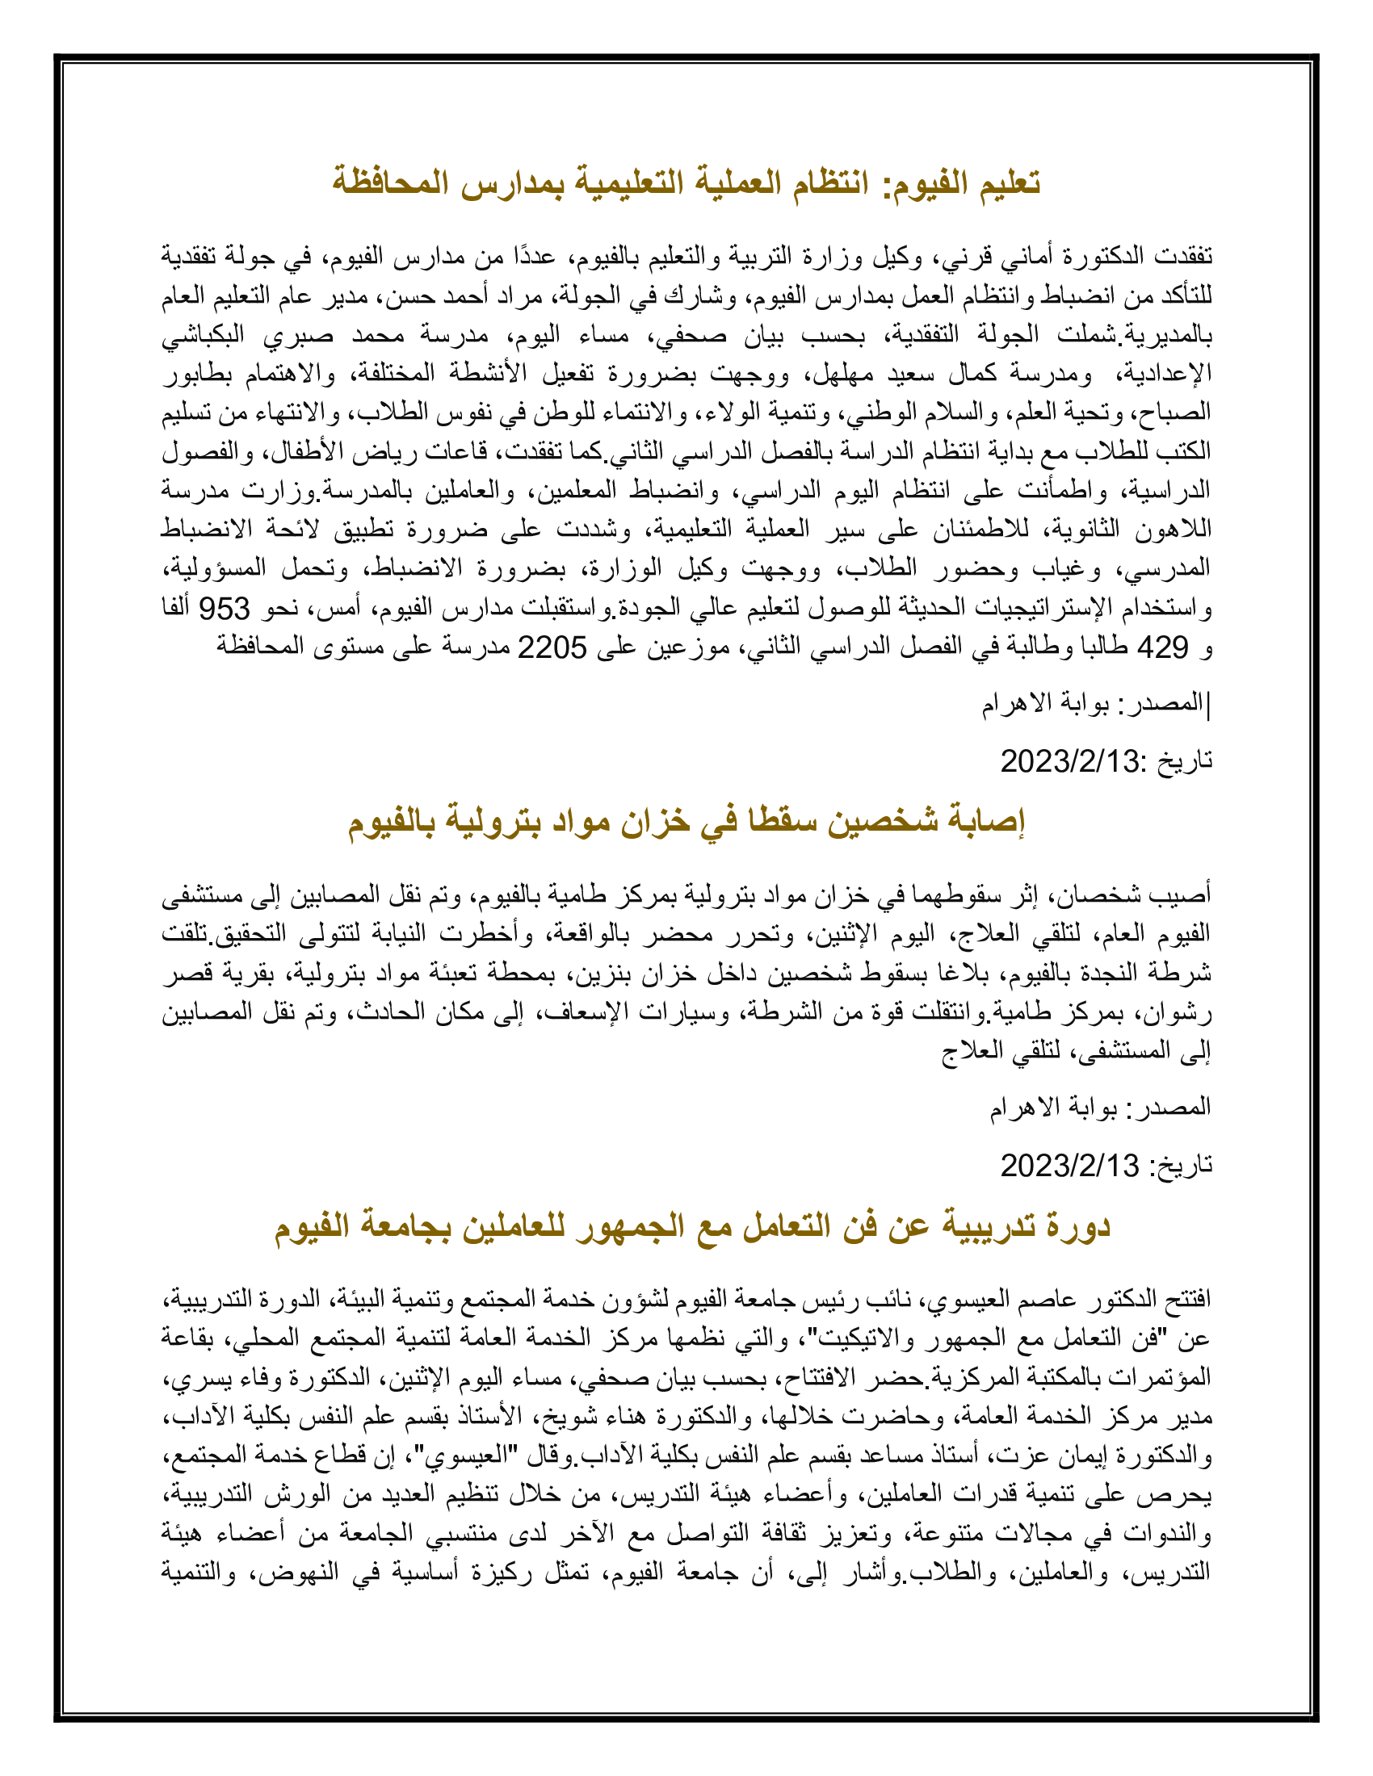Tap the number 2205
coord(552,647)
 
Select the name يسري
coord(193,1378)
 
